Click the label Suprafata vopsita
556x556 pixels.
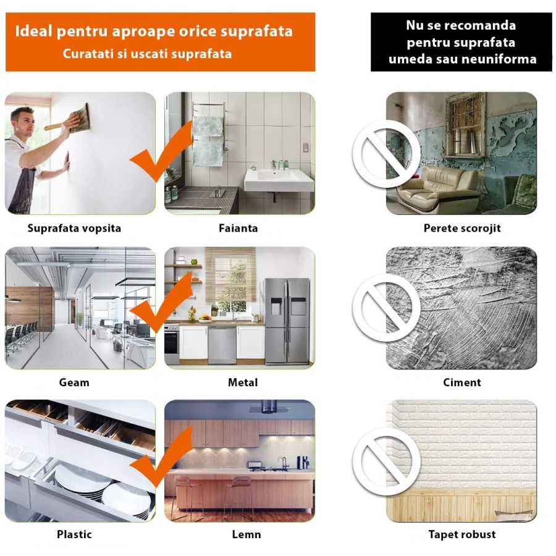[x=74, y=228]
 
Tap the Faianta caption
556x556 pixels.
[x=238, y=228]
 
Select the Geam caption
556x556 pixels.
[x=74, y=382]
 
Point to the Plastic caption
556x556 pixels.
[x=74, y=534]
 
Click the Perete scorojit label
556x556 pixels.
[x=462, y=228]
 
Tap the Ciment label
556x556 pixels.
[x=462, y=382]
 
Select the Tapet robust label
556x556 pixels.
[x=462, y=534]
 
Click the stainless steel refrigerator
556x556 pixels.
[x=287, y=320]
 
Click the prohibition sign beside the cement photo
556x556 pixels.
[x=386, y=307]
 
